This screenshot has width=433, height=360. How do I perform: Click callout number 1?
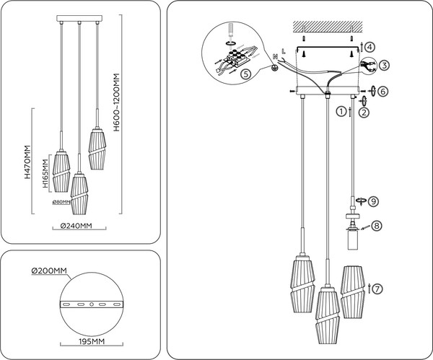coord(340,112)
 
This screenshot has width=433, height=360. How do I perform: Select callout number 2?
coord(364,112)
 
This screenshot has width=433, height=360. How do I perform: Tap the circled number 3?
coord(385,66)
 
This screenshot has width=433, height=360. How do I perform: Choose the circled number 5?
coord(245,73)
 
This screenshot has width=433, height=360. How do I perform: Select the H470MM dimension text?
coord(27,162)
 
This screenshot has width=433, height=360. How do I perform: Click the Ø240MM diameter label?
coord(76,226)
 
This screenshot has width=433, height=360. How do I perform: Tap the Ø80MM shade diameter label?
coord(61,201)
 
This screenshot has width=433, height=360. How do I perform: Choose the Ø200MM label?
coord(48,271)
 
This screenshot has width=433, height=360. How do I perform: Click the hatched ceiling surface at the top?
coord(328,26)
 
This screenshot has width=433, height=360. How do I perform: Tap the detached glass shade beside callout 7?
coord(351,292)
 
